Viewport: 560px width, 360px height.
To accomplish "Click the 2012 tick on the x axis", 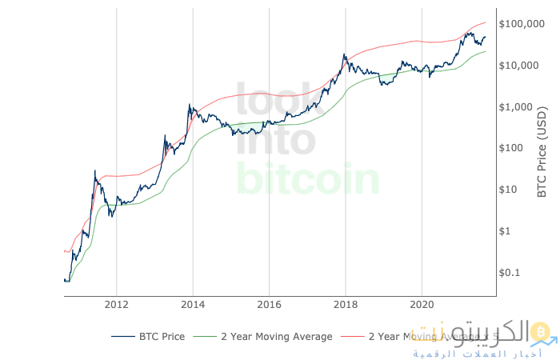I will point(116,305).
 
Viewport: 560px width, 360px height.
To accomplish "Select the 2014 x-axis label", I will point(193,305).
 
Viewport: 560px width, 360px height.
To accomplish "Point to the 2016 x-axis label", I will point(269,305).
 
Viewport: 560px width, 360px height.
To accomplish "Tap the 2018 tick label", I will point(346,305).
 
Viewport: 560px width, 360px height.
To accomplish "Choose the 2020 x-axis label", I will point(422,305).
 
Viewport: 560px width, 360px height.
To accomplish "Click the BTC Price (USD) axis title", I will point(542,152).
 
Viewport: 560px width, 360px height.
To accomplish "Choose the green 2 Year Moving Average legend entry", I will point(264,337).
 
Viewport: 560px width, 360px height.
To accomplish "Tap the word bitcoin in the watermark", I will point(308,179).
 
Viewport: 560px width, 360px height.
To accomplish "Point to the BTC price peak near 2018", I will point(344,54).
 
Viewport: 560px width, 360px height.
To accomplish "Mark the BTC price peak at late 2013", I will point(189,105).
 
